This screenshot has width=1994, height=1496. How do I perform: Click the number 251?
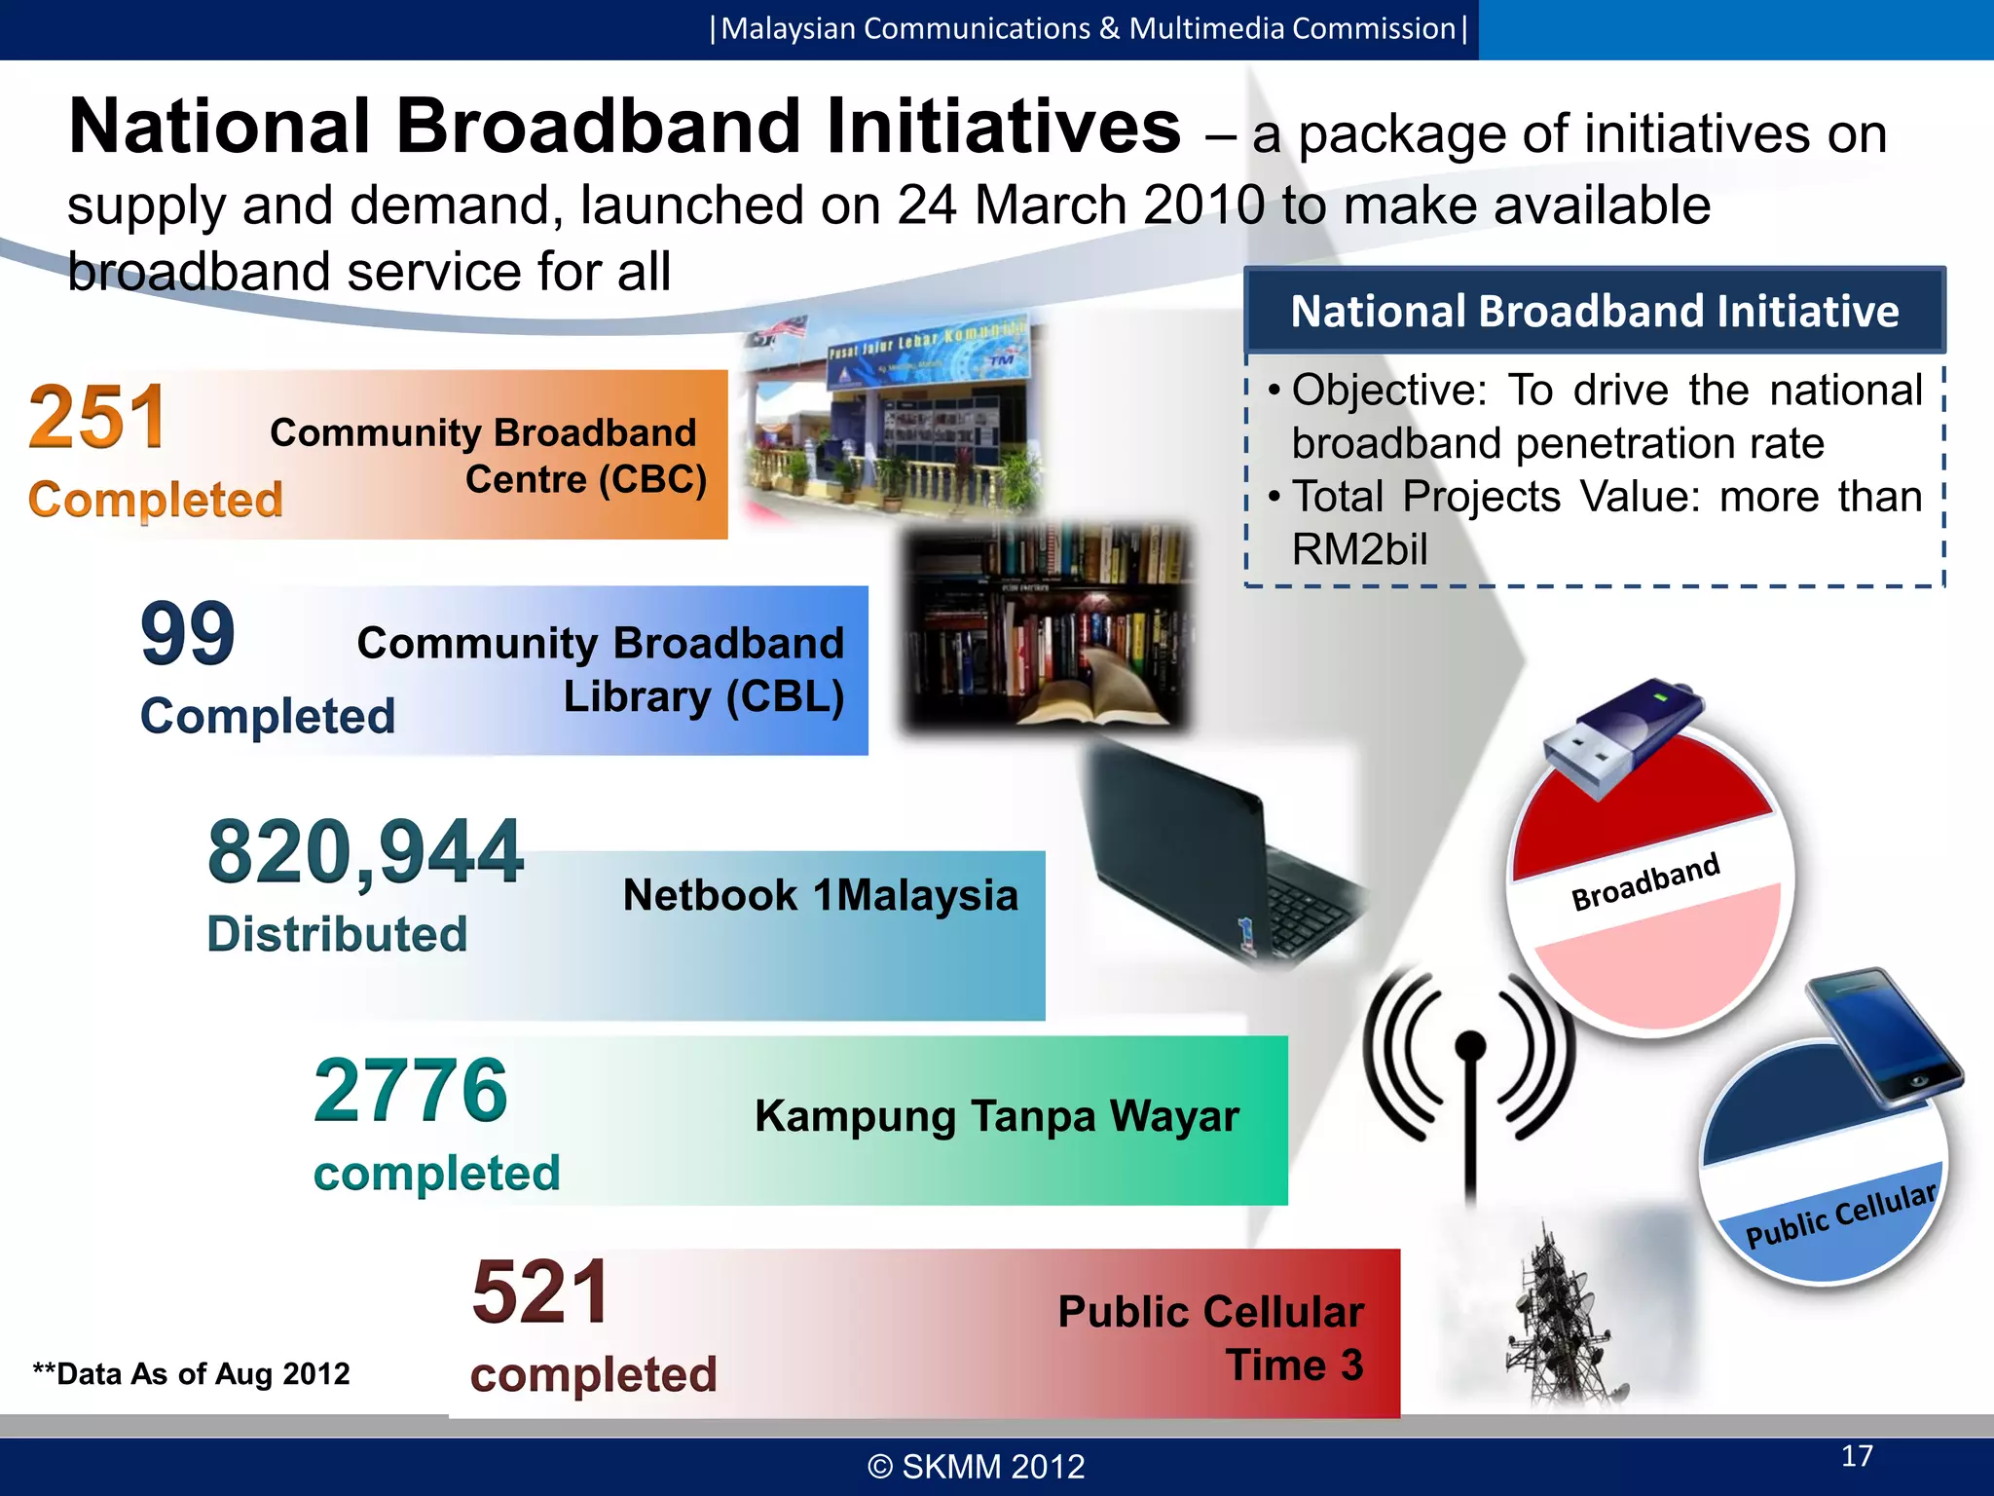[97, 418]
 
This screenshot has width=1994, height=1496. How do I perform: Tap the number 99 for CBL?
[188, 634]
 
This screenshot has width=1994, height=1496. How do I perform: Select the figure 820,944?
[366, 853]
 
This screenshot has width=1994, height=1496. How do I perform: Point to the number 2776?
[411, 1091]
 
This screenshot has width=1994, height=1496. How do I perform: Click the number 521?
[541, 1292]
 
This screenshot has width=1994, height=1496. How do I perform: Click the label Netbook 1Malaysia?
[820, 895]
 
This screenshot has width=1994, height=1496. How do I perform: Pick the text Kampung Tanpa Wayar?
[996, 1116]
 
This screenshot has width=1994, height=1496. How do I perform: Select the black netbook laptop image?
[1217, 857]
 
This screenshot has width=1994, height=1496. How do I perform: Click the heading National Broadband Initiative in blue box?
[1594, 312]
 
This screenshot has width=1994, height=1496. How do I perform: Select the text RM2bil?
[1359, 550]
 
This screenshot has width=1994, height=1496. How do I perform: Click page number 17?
[1857, 1455]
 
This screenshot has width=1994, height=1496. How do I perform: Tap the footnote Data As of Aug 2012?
[191, 1373]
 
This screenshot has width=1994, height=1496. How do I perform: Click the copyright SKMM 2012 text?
[977, 1466]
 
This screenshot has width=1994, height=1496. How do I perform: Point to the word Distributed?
[337, 934]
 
